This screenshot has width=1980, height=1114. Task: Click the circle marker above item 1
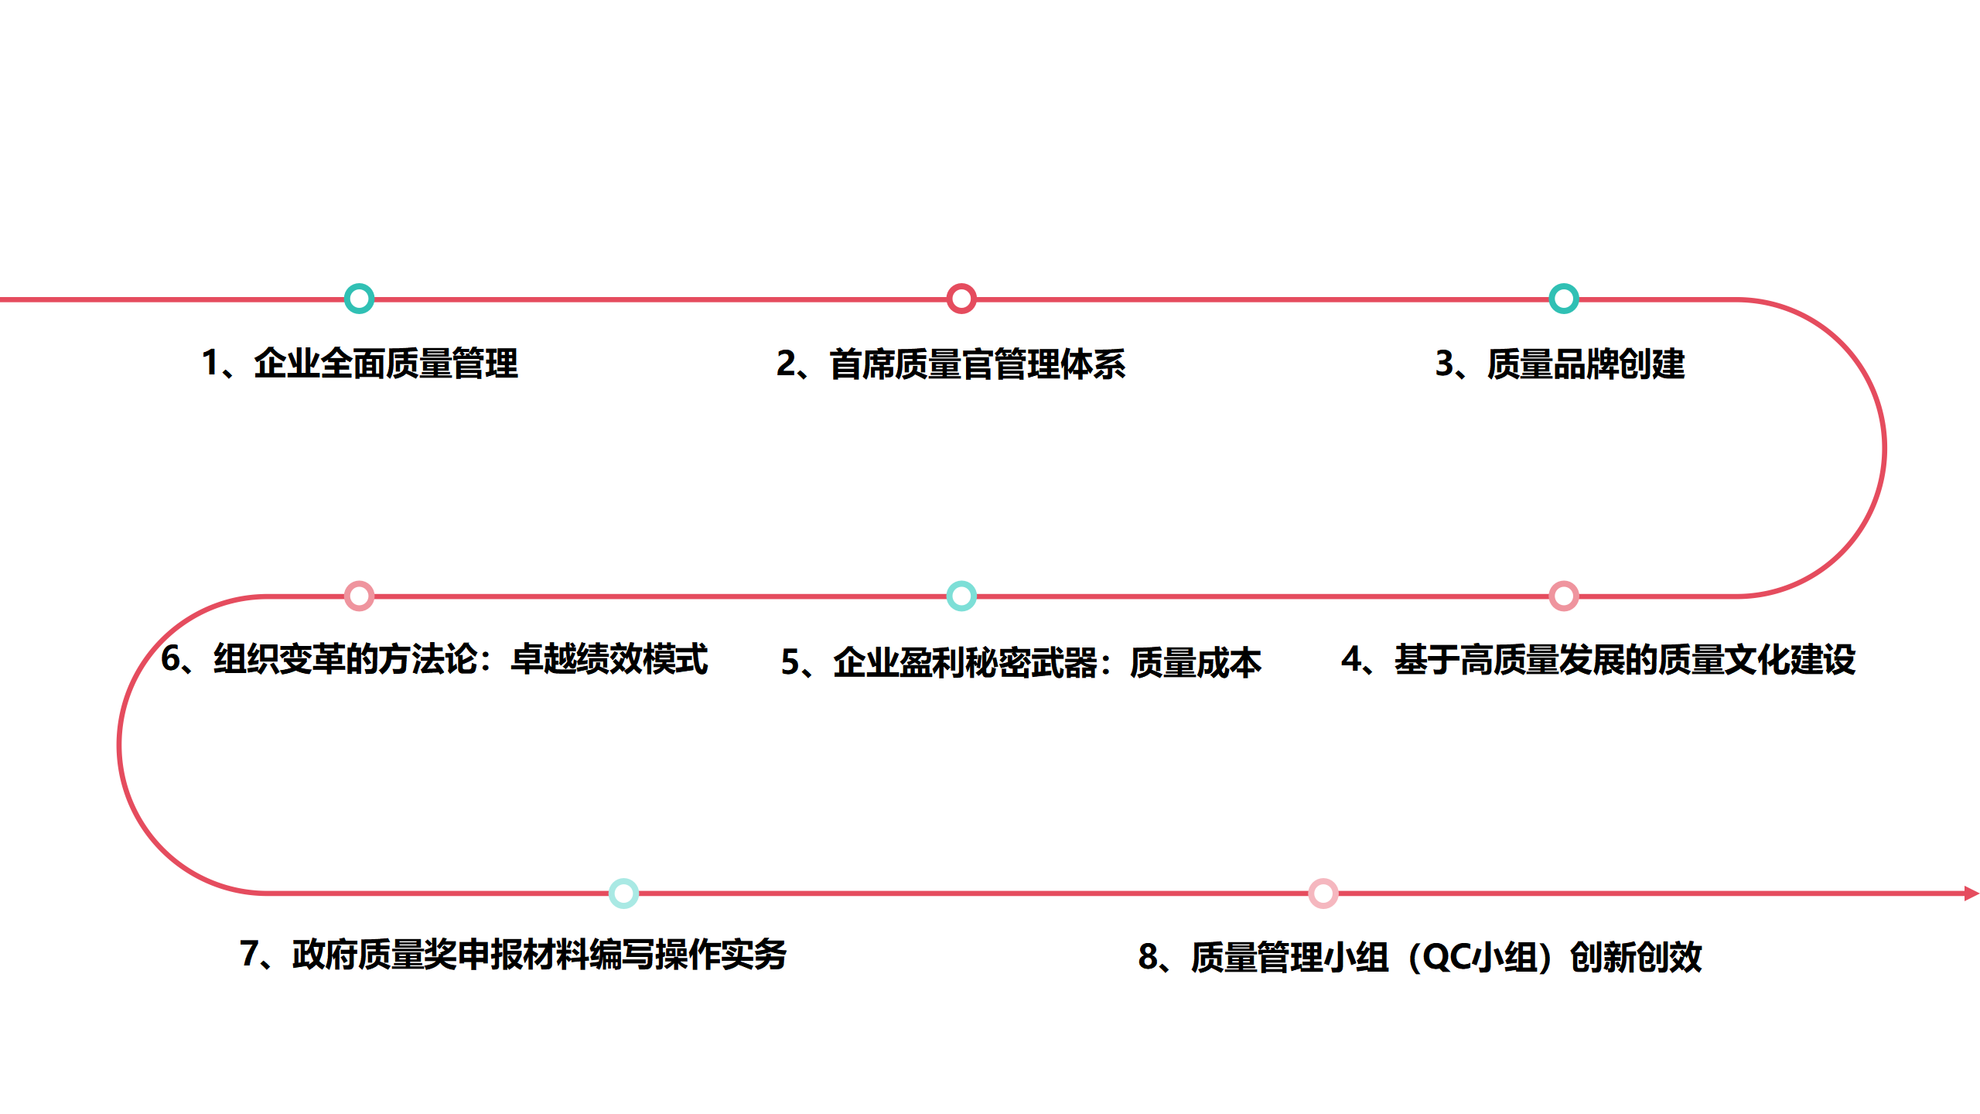tap(359, 299)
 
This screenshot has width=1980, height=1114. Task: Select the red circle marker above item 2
tap(961, 299)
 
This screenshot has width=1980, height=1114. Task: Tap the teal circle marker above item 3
tap(1563, 299)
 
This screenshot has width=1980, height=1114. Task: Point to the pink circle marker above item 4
tap(1563, 596)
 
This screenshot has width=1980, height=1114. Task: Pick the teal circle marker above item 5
tap(961, 596)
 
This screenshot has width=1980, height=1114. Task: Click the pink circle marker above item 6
tap(359, 596)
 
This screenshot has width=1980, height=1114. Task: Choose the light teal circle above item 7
tap(623, 894)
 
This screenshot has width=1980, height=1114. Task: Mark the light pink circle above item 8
tap(1323, 894)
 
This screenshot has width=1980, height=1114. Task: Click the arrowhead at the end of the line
tap(1971, 894)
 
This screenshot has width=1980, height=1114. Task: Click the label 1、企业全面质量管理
tap(360, 364)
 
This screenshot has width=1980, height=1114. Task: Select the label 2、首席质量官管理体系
tap(951, 364)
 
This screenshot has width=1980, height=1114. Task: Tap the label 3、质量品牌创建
tap(1559, 364)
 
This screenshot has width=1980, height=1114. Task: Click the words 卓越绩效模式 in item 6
tap(609, 660)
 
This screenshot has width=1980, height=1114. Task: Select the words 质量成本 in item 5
tap(1195, 663)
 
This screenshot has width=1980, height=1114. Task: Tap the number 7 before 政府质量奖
tap(249, 955)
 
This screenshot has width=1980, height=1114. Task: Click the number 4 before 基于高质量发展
tap(1352, 660)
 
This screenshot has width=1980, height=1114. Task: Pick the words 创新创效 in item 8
tap(1635, 958)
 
